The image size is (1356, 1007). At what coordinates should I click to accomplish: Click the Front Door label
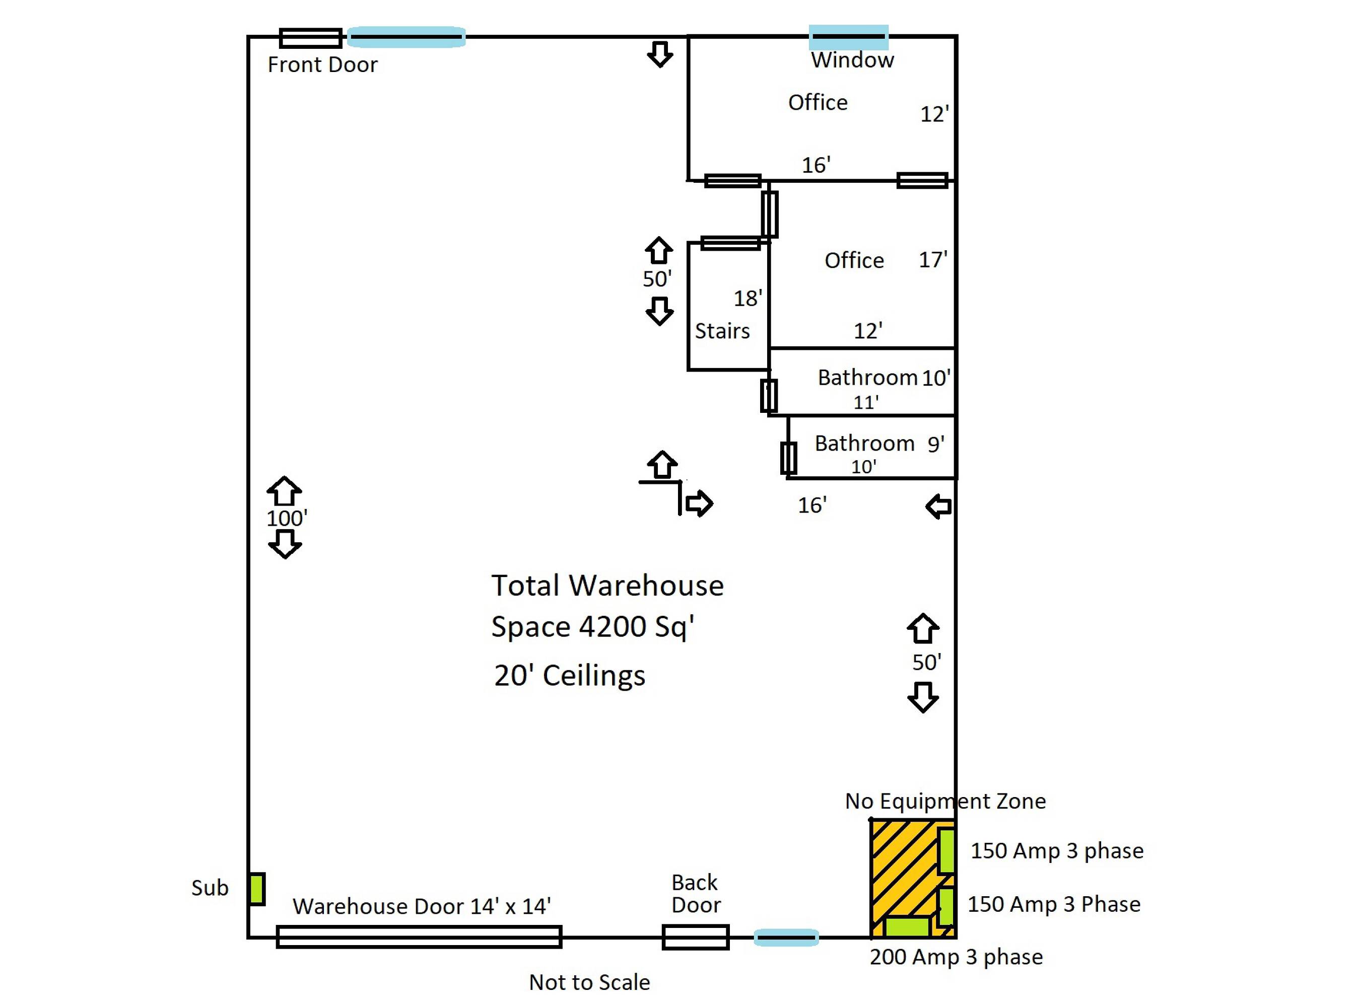(x=322, y=64)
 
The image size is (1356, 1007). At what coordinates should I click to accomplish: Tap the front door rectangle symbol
(x=310, y=38)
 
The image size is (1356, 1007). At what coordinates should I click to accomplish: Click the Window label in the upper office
(x=852, y=60)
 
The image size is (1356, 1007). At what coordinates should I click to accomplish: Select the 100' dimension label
(x=287, y=518)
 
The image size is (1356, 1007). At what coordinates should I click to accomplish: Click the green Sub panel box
(x=257, y=889)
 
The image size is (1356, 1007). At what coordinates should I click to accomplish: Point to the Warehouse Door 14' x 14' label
(x=422, y=906)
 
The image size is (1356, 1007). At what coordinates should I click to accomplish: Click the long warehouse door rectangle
(x=419, y=937)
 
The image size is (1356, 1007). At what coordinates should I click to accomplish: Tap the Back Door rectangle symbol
(x=696, y=938)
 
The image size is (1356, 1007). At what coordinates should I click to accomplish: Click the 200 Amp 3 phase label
(x=956, y=957)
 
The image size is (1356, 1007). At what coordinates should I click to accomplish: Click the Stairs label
(x=722, y=331)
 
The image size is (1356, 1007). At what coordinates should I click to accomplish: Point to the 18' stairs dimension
(x=748, y=298)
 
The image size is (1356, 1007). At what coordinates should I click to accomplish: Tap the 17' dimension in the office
(x=933, y=260)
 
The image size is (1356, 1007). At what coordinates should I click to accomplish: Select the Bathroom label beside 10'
(x=867, y=377)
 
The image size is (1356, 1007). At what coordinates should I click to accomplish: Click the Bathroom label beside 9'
(x=864, y=443)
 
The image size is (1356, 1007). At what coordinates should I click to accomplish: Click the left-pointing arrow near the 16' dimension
(x=938, y=507)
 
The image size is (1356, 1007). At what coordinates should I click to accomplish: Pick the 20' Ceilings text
(x=570, y=675)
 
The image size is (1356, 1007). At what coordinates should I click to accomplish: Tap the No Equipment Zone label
(x=945, y=801)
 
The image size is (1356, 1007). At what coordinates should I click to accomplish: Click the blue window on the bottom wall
(x=786, y=938)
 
